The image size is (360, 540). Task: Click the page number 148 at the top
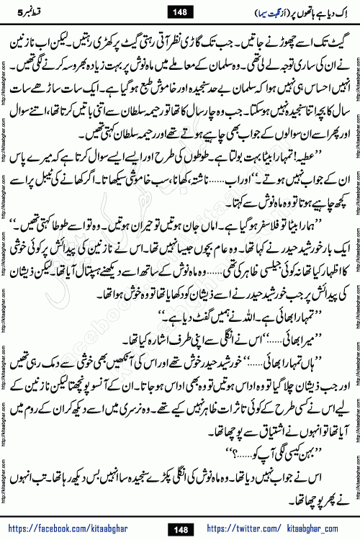click(179, 10)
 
